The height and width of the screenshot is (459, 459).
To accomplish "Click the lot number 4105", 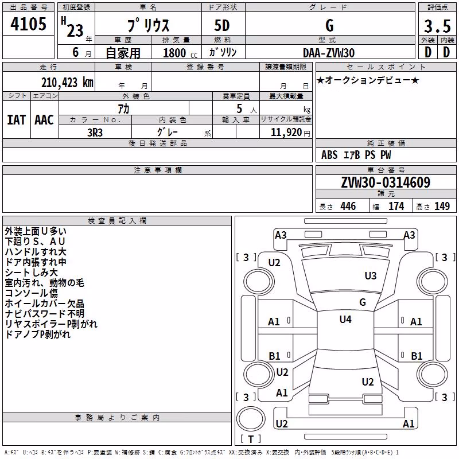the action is click(x=28, y=24).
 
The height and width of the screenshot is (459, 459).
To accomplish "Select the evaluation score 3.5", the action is click(x=437, y=26).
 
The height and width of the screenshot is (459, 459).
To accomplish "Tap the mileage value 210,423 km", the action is click(x=67, y=83).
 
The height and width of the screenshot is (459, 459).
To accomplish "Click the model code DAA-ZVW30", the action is click(x=329, y=53).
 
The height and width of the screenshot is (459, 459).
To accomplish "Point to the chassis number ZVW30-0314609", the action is click(x=386, y=182).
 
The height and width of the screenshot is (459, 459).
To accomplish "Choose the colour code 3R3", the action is click(x=95, y=133).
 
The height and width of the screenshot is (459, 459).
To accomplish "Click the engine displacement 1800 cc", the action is click(x=180, y=53).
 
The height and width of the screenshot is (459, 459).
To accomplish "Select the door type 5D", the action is click(x=222, y=26).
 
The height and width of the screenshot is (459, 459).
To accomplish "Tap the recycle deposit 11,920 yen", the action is click(x=290, y=133).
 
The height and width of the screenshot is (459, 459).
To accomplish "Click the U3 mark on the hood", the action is click(x=370, y=275).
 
